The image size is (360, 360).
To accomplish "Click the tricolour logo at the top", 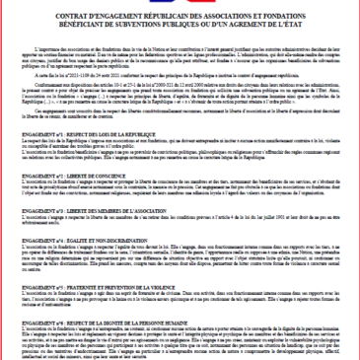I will coord(180,3).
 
